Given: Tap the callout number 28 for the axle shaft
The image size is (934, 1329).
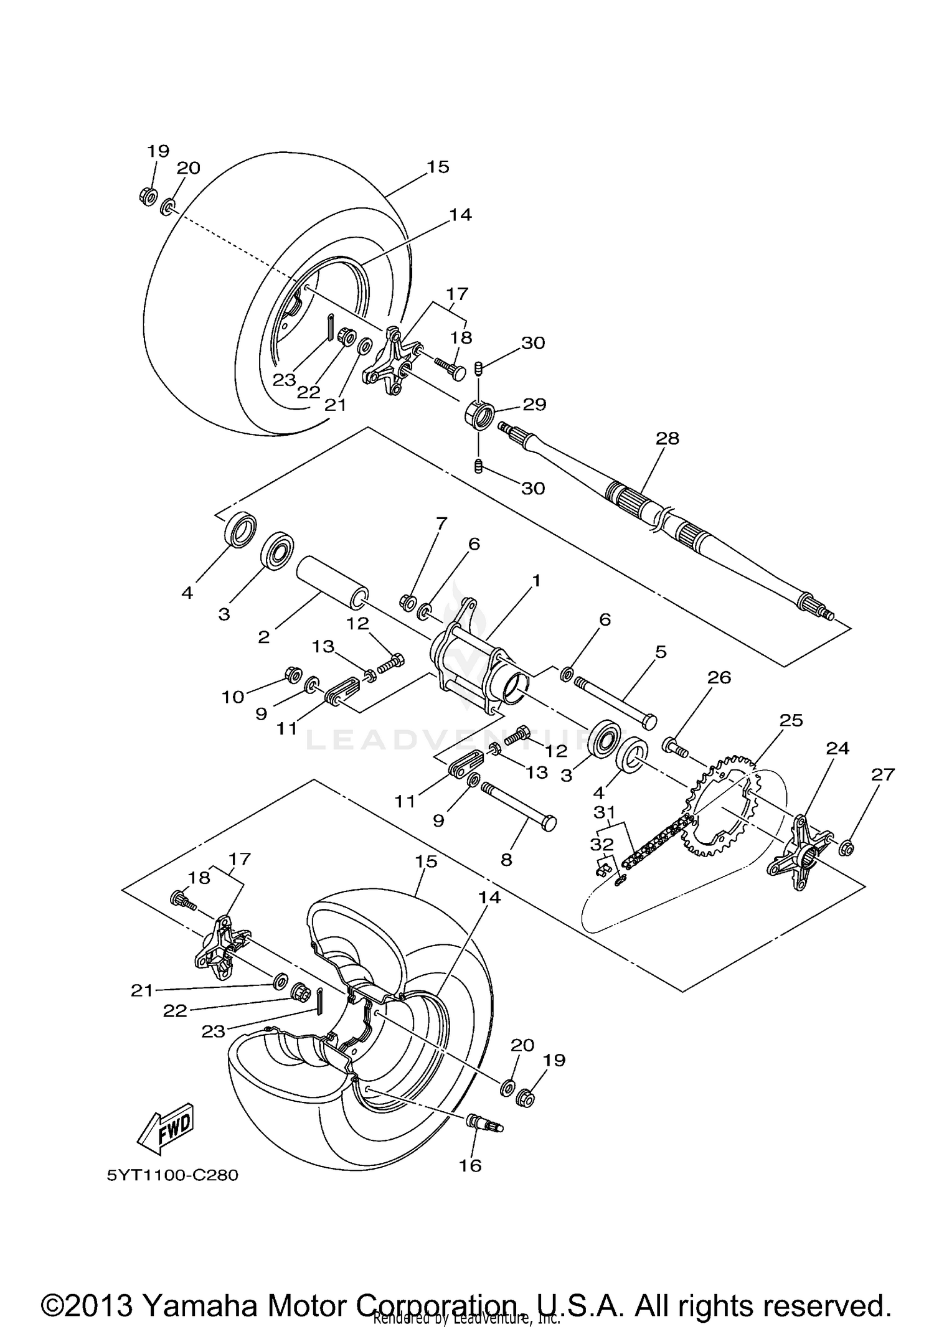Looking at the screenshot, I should tap(667, 438).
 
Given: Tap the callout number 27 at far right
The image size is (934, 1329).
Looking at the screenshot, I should tap(883, 774).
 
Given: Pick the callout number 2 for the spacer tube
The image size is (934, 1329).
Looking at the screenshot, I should tap(263, 637).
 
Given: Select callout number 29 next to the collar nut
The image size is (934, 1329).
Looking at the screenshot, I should tap(534, 405).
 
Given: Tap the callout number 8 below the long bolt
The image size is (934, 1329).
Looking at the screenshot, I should tap(506, 860).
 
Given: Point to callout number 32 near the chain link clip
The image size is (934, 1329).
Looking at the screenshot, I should tap(601, 845).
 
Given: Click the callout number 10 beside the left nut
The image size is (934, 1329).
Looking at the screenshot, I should tap(233, 697).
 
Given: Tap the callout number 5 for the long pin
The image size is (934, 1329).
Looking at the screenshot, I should tap(660, 652).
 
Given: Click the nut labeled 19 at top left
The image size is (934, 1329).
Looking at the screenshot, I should tap(148, 197).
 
